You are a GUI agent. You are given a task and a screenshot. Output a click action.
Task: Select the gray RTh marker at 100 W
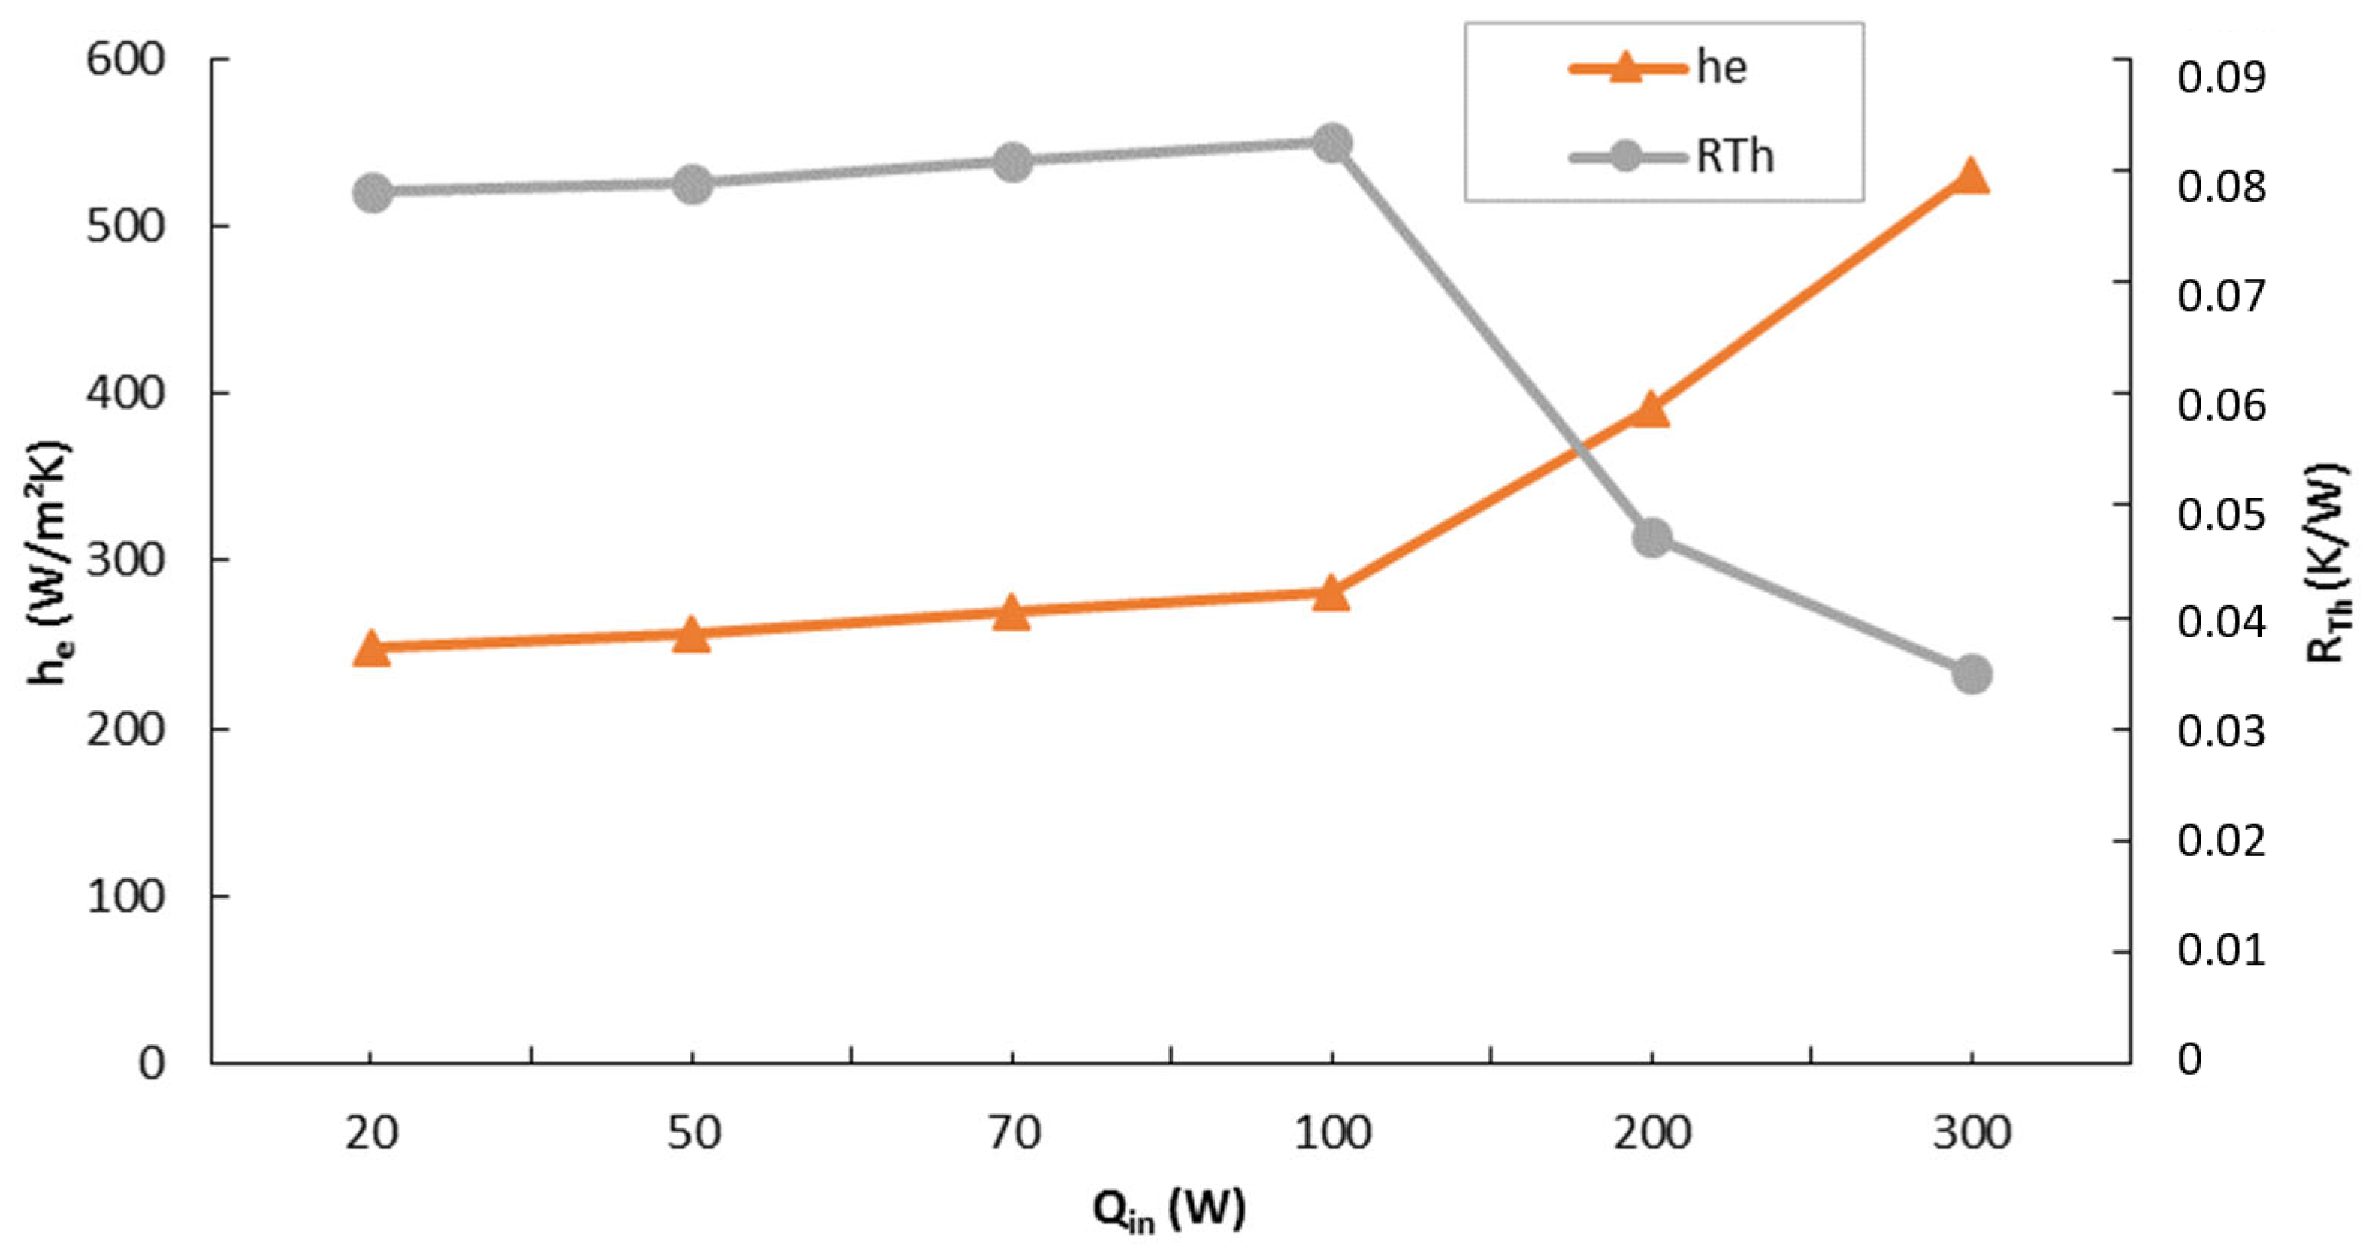click(x=1331, y=143)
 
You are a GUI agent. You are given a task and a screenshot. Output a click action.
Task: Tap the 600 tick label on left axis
click(x=125, y=62)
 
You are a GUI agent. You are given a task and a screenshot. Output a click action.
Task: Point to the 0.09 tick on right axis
click(x=2221, y=78)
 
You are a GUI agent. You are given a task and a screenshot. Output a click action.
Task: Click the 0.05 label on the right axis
click(x=2221, y=515)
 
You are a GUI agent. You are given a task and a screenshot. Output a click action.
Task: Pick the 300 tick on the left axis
click(x=125, y=561)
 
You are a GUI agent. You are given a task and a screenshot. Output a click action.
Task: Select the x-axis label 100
click(x=1332, y=1134)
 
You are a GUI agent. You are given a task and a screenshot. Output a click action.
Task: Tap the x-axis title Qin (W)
click(x=1170, y=1210)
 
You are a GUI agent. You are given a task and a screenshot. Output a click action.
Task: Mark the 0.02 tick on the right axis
click(x=2221, y=841)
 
